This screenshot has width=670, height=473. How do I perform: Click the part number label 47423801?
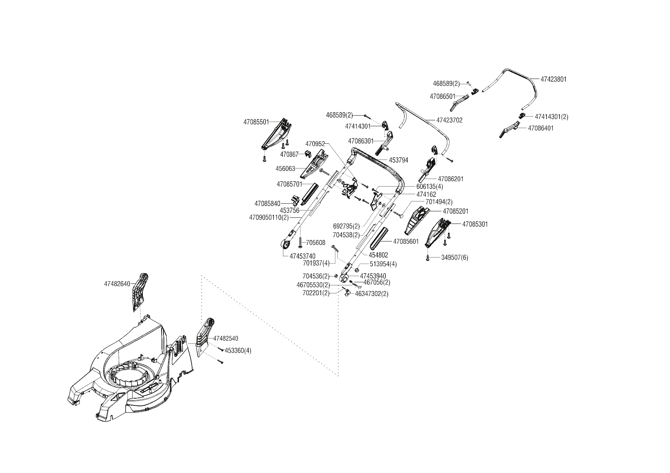[553, 79]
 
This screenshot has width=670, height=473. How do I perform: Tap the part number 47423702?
[449, 120]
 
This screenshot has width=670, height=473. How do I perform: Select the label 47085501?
[256, 122]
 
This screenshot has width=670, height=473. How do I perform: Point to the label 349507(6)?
[455, 257]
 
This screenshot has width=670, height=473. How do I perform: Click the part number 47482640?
[117, 284]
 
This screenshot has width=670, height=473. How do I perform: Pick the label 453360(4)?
[238, 350]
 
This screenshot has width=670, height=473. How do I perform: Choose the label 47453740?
[303, 256]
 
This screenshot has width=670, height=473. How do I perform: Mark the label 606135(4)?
[430, 187]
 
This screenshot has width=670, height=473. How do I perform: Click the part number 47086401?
[541, 128]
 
